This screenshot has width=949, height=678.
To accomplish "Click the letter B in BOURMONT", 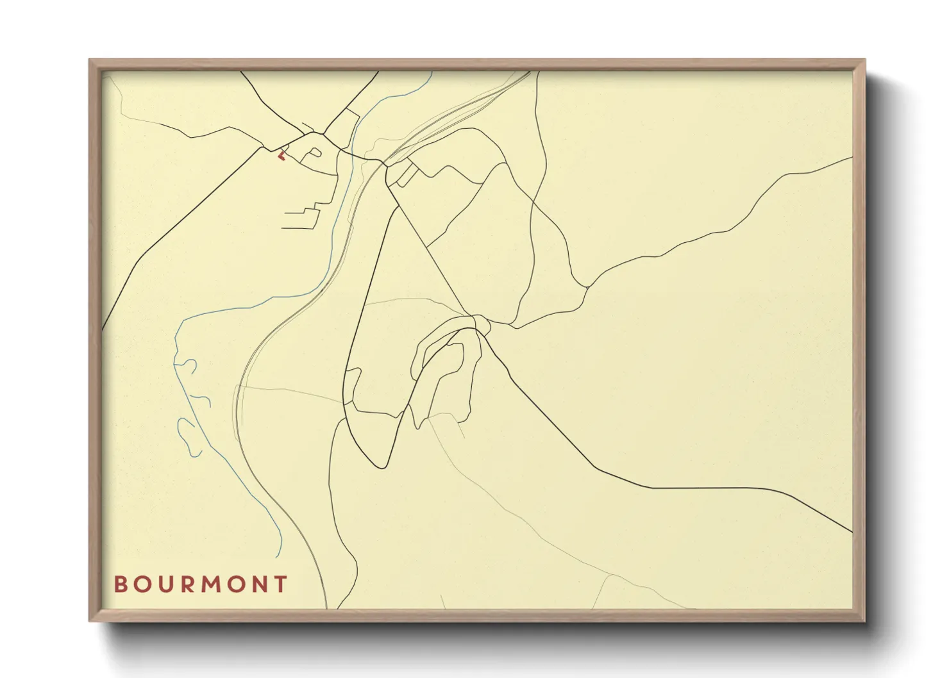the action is click(x=120, y=584).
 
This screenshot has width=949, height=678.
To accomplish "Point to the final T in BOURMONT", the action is click(x=280, y=584).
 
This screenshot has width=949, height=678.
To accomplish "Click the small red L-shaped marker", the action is click(x=280, y=155).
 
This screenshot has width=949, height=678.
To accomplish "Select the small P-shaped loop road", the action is click(x=315, y=153).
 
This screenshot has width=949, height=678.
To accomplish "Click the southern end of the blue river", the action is click(x=280, y=556).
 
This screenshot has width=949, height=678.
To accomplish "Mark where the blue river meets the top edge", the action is click(x=432, y=72).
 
